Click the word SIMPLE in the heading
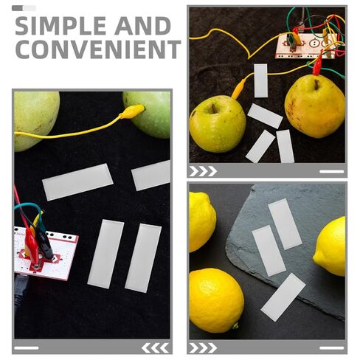pos(61,26)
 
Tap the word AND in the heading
pos(142,26)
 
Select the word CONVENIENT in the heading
pos(98,49)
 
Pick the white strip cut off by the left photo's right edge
pos(151,176)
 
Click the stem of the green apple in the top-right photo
pos(214,108)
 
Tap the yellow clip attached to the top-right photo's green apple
pos(238,89)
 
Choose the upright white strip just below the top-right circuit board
pos(260,80)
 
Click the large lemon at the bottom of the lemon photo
pos(216,300)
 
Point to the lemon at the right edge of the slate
pos(330,246)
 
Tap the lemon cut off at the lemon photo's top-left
pos(202,222)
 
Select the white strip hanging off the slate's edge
pos(283,297)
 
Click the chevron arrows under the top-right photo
pos(203,171)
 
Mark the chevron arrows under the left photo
pos(156,348)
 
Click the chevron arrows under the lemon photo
pos(203,348)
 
